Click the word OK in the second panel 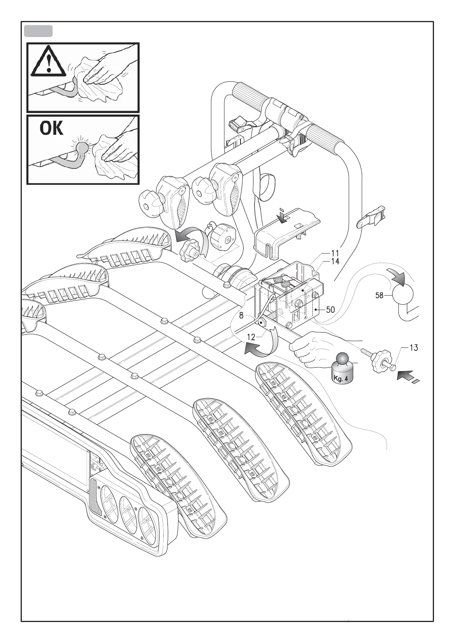52,129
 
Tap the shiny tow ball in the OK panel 82,147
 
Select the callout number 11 335,253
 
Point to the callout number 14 335,262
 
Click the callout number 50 330,310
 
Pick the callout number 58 379,295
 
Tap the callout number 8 241,316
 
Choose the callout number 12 251,338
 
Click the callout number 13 413,348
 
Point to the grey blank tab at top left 38,31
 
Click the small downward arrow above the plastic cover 283,216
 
